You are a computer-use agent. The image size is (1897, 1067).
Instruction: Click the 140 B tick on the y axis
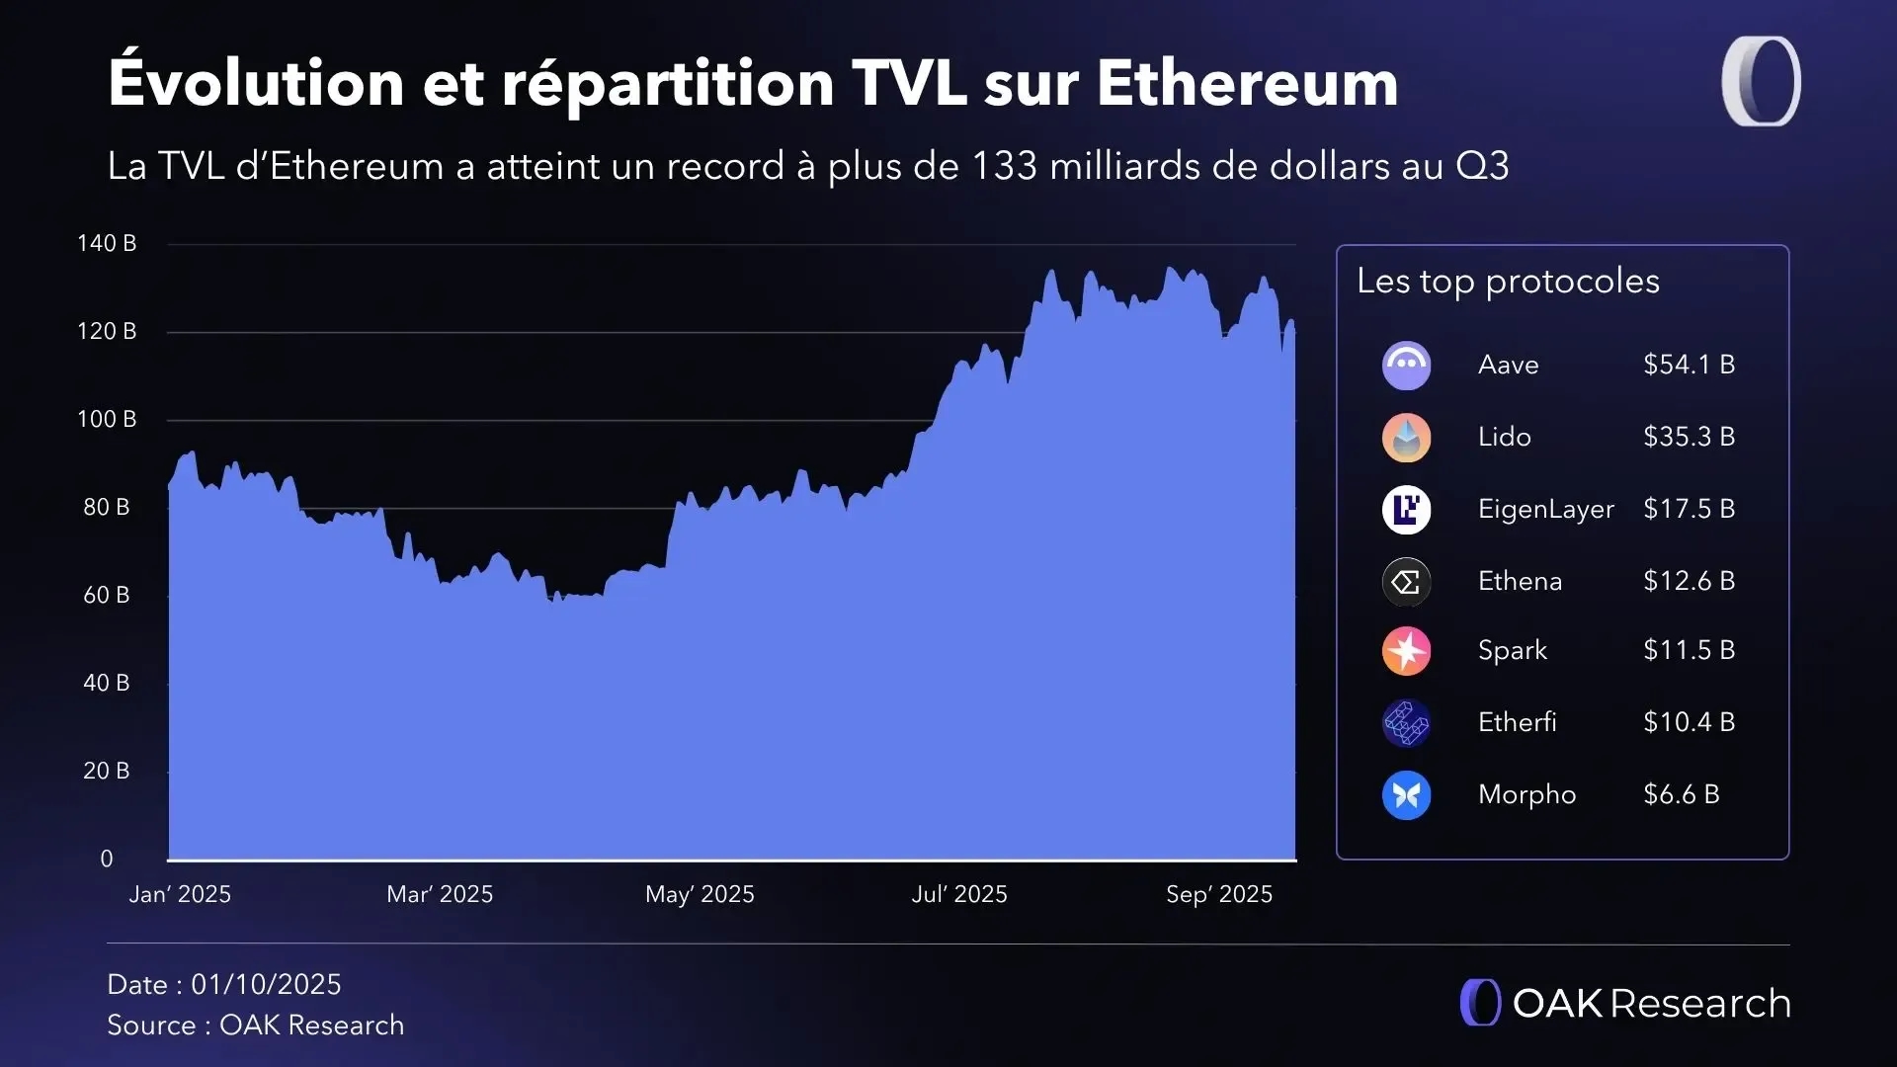point(107,243)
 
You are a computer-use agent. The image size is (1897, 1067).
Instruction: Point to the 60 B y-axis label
point(107,595)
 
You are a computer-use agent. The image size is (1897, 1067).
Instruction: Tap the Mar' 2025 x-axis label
point(440,894)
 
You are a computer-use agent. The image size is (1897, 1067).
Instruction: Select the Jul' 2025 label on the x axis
point(959,894)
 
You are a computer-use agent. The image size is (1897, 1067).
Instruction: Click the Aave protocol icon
point(1406,366)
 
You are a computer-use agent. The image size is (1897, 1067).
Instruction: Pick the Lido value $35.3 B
point(1689,437)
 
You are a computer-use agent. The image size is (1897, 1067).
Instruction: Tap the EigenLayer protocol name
point(1545,509)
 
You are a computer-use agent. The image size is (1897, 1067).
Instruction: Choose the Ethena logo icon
point(1406,582)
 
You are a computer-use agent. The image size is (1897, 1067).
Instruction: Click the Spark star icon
point(1406,651)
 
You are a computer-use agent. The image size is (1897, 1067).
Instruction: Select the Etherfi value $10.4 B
point(1689,722)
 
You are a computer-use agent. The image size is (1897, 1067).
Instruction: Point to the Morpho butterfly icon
point(1406,795)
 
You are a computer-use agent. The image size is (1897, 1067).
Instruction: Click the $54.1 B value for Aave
point(1689,365)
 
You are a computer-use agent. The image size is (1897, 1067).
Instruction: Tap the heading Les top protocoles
point(1508,282)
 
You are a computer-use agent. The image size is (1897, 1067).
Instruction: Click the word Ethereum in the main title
point(1247,82)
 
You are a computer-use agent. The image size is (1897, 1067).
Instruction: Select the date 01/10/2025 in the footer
point(266,984)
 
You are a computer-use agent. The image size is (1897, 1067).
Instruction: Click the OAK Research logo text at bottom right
point(1650,1003)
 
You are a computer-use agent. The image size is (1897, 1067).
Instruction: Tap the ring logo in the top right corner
point(1762,81)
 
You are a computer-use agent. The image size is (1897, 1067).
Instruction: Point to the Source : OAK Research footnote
point(256,1026)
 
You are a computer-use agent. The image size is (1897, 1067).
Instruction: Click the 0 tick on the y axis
point(107,859)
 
